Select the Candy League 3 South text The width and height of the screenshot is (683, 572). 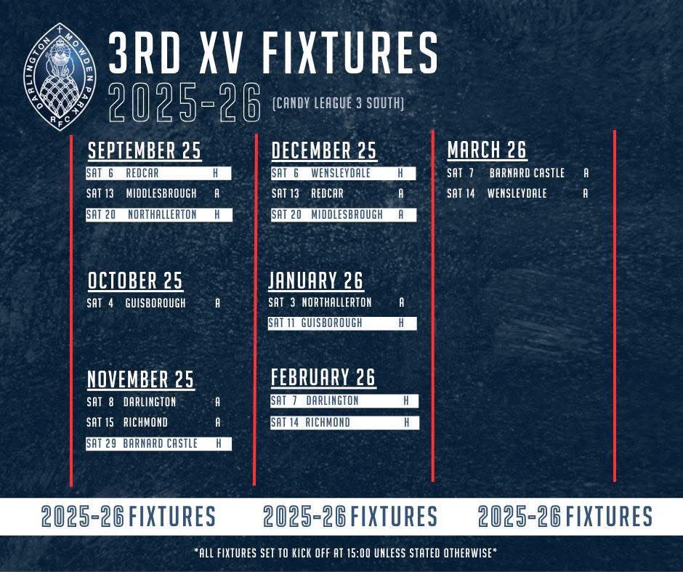coord(338,104)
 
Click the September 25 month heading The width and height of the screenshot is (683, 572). coord(145,150)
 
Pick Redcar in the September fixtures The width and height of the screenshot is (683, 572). coord(142,174)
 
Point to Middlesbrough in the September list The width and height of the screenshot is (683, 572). coord(161,194)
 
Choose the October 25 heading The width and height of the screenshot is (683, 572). coord(135,281)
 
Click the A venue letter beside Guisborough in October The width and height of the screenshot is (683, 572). coord(217,303)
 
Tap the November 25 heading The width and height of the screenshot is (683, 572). coord(141,379)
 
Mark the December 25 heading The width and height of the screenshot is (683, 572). coord(324,150)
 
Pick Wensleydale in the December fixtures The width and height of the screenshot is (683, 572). coord(341,174)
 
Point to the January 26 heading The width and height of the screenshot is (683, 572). coord(316,281)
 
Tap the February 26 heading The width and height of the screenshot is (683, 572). coord(323,378)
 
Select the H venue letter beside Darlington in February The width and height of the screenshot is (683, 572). coord(407,400)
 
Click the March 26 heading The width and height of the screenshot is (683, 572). coord(487,150)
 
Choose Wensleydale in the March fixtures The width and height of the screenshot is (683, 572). coord(517,194)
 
